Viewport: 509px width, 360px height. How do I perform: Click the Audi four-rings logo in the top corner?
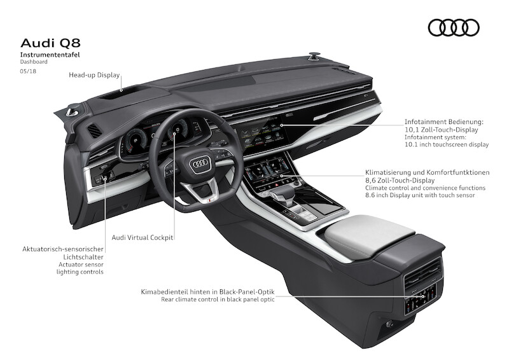pyautogui.click(x=453, y=27)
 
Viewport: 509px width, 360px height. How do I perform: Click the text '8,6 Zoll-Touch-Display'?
pyautogui.click(x=402, y=180)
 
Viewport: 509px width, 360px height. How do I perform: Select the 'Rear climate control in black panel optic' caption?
pyautogui.click(x=218, y=299)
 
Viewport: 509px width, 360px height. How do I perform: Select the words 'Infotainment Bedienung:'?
pyautogui.click(x=445, y=120)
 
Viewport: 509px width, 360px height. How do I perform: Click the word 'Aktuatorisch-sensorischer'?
pyautogui.click(x=62, y=250)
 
